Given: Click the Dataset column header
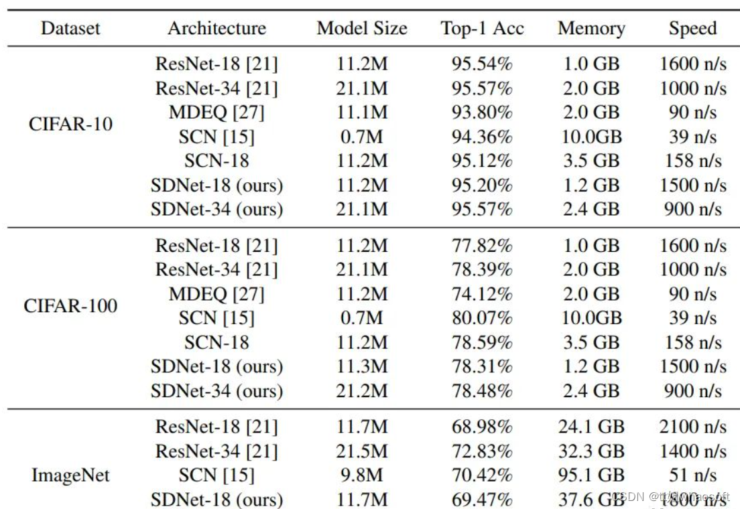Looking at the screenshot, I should pos(70,28).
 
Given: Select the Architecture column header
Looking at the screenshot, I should pos(217,28).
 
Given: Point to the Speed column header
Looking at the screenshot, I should pos(692,28).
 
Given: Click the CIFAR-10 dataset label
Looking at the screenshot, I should pos(70,125).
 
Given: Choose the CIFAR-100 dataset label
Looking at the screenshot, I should pos(70,306).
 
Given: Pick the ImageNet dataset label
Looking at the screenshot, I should pos(70,476).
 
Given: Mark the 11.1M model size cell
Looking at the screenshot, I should pos(362,113).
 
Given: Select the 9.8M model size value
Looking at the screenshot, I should pos(362,476).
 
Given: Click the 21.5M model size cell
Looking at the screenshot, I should pos(362,451).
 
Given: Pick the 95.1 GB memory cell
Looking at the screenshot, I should pos(591,476).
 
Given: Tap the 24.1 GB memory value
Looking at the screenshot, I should pos(591,427).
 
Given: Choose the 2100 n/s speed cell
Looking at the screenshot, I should pos(692,427).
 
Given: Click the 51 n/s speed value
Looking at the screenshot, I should pos(692,476).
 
